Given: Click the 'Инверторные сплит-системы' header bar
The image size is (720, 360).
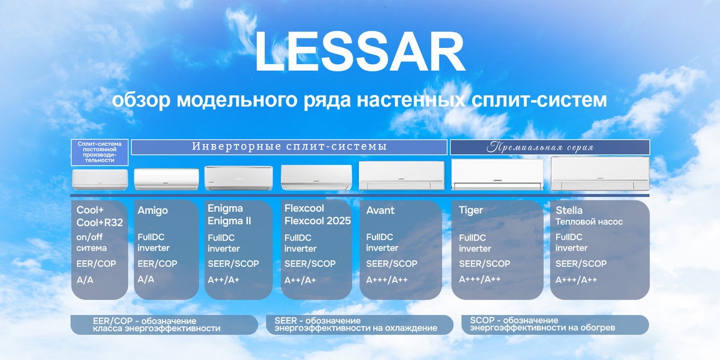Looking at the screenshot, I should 289,147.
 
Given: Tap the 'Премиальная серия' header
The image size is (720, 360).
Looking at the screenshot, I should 550,147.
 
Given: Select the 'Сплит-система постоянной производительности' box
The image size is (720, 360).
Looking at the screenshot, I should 100,152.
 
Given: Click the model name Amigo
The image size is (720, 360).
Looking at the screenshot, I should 152,211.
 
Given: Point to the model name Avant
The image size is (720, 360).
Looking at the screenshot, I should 380,211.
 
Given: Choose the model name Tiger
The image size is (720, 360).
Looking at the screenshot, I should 471,211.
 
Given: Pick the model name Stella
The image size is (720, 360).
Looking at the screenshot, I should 569,211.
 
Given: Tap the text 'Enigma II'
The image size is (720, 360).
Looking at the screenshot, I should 229,221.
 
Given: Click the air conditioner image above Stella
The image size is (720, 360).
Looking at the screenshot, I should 599,173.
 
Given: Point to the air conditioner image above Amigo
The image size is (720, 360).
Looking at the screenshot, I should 166,179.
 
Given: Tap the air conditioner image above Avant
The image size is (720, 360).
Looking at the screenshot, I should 401,175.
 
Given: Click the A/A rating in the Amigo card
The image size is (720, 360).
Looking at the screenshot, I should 146,280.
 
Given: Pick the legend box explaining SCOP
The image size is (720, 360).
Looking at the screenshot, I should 555,325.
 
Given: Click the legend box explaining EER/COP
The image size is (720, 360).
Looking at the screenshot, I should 164,325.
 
